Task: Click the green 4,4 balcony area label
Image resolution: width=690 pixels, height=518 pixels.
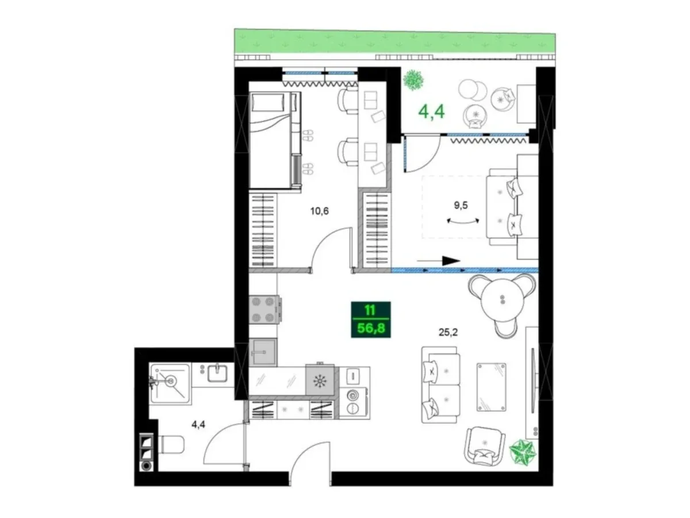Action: tap(431, 112)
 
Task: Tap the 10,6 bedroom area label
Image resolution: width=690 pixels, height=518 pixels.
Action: tap(319, 211)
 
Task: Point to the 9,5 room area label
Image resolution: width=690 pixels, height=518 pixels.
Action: tap(461, 205)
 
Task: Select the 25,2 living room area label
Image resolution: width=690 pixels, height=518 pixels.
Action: tap(448, 332)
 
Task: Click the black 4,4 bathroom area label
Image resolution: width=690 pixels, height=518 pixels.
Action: tap(198, 425)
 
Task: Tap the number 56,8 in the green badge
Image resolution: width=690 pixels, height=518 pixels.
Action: tap(371, 329)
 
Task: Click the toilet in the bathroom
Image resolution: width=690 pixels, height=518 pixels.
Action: tap(171, 445)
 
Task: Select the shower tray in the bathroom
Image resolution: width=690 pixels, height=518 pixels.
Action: tap(170, 384)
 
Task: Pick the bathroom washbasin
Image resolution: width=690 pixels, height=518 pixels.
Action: tap(217, 374)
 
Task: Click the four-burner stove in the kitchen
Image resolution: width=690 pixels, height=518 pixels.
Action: tap(264, 310)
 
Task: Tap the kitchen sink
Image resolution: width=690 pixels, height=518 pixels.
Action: tap(263, 352)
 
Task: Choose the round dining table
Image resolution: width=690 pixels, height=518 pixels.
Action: tap(502, 300)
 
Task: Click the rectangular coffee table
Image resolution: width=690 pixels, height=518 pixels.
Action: tap(491, 387)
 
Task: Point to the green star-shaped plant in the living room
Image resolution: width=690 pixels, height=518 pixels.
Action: tap(522, 452)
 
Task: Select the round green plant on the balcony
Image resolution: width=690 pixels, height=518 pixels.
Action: tap(413, 80)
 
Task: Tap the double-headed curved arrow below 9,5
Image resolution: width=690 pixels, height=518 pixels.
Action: tap(463, 221)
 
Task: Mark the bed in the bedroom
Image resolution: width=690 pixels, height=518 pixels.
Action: tap(275, 140)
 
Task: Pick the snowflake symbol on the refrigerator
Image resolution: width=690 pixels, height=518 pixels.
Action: tap(320, 382)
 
